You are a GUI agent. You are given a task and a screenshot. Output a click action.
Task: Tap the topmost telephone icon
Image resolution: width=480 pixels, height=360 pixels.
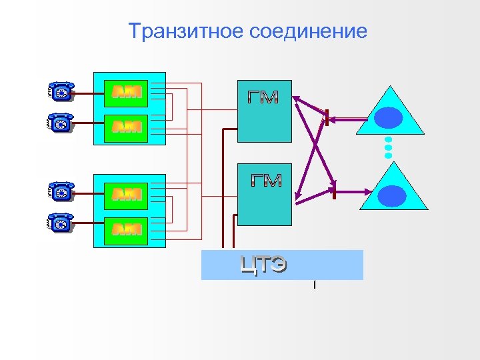point(61,92)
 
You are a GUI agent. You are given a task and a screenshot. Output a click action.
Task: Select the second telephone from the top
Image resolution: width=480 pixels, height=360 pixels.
point(61,123)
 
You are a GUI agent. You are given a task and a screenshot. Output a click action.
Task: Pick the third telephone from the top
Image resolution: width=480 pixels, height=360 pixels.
point(61,192)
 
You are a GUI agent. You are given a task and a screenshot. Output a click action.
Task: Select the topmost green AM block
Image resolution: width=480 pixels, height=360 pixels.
point(127,92)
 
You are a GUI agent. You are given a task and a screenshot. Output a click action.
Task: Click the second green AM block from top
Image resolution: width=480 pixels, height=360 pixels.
point(127,126)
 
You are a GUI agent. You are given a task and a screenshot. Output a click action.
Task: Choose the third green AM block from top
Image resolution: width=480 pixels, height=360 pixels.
point(127,194)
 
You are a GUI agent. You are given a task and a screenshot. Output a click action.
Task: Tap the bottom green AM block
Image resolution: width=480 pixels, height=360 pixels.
point(127,229)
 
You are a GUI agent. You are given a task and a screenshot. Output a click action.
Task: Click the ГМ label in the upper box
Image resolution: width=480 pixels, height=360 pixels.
point(263,97)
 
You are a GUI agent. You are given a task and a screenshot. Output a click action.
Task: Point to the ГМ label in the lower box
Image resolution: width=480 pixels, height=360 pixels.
point(266,180)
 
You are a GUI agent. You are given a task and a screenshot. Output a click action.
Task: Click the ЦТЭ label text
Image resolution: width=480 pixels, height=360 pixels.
point(264,265)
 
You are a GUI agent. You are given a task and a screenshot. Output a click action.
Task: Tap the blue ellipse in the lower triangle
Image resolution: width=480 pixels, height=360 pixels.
point(392,195)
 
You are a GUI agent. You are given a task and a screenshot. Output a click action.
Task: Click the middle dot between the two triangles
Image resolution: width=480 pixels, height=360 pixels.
point(389,148)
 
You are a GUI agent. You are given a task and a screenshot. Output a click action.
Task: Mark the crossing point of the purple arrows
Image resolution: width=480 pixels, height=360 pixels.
point(313,147)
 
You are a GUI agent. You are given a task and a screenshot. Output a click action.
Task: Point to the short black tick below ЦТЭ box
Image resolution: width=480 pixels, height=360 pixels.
point(314,285)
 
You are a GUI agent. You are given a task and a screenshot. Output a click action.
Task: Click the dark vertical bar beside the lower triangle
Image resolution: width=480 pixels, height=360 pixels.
point(335,191)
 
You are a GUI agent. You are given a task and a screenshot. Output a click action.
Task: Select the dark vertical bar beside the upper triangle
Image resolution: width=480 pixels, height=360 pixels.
point(327,119)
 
